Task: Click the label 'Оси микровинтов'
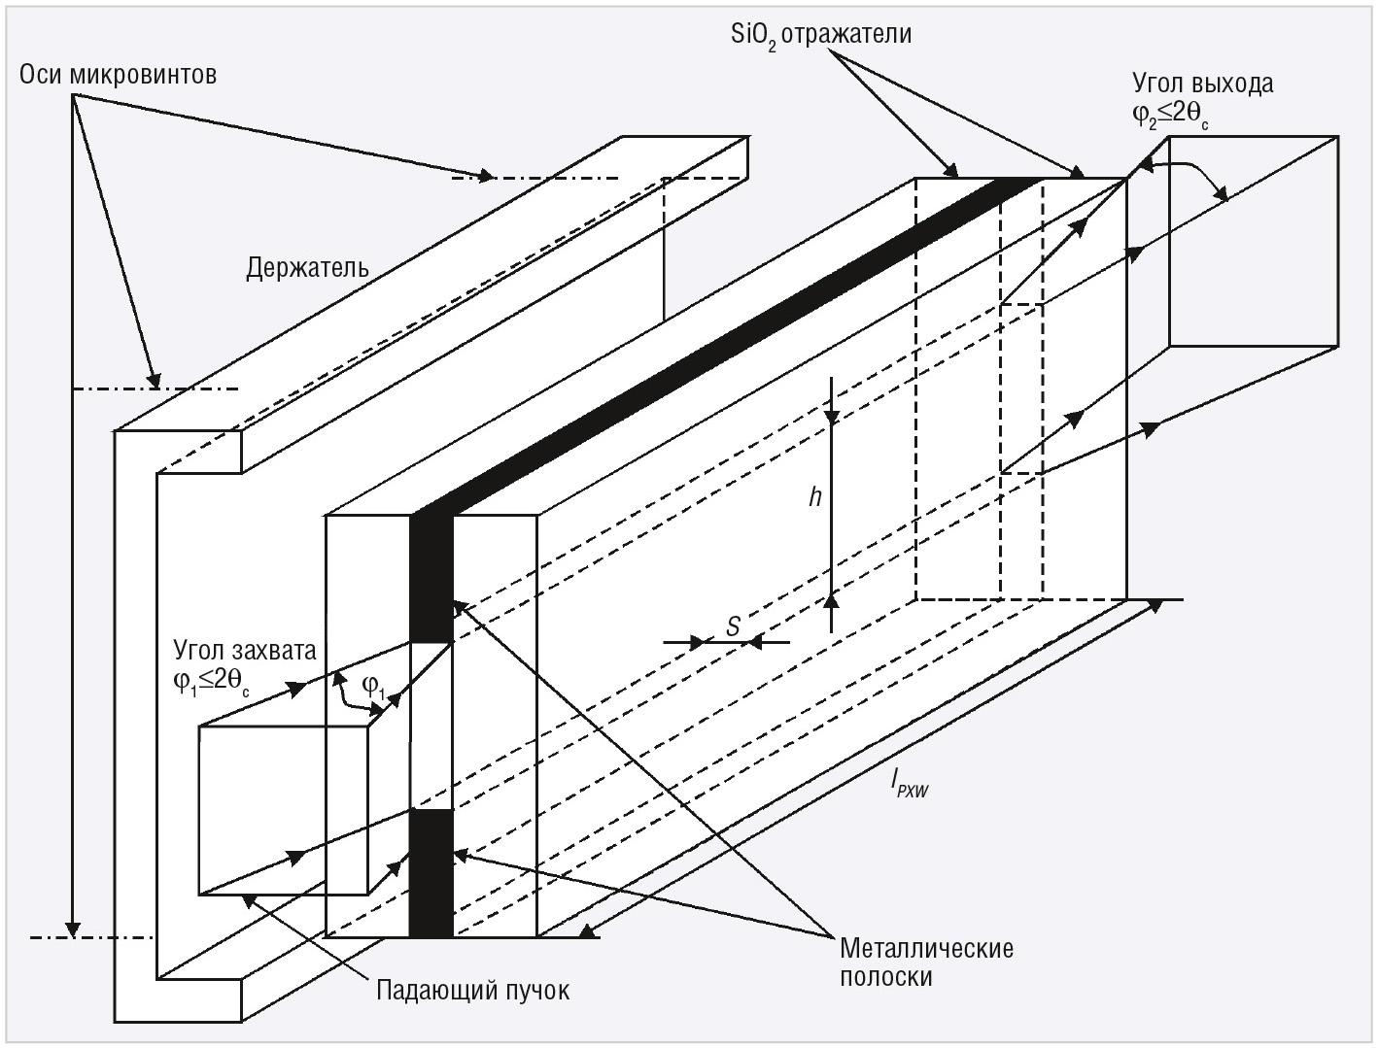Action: (x=119, y=75)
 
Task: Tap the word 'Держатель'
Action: (x=307, y=267)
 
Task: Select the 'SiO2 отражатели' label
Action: (x=821, y=35)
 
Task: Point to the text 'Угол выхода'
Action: (x=1202, y=84)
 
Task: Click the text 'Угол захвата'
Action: (x=245, y=649)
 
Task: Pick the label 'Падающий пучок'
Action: (x=472, y=991)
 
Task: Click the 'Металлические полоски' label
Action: (x=926, y=962)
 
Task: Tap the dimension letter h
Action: (x=815, y=498)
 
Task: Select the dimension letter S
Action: (x=734, y=627)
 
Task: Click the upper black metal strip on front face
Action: (x=431, y=578)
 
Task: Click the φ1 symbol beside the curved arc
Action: (x=374, y=685)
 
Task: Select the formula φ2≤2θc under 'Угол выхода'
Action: (x=1170, y=116)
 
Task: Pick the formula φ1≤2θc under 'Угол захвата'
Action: (x=212, y=682)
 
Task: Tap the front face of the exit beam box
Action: (x=1254, y=242)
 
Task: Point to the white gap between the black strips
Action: (x=431, y=725)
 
